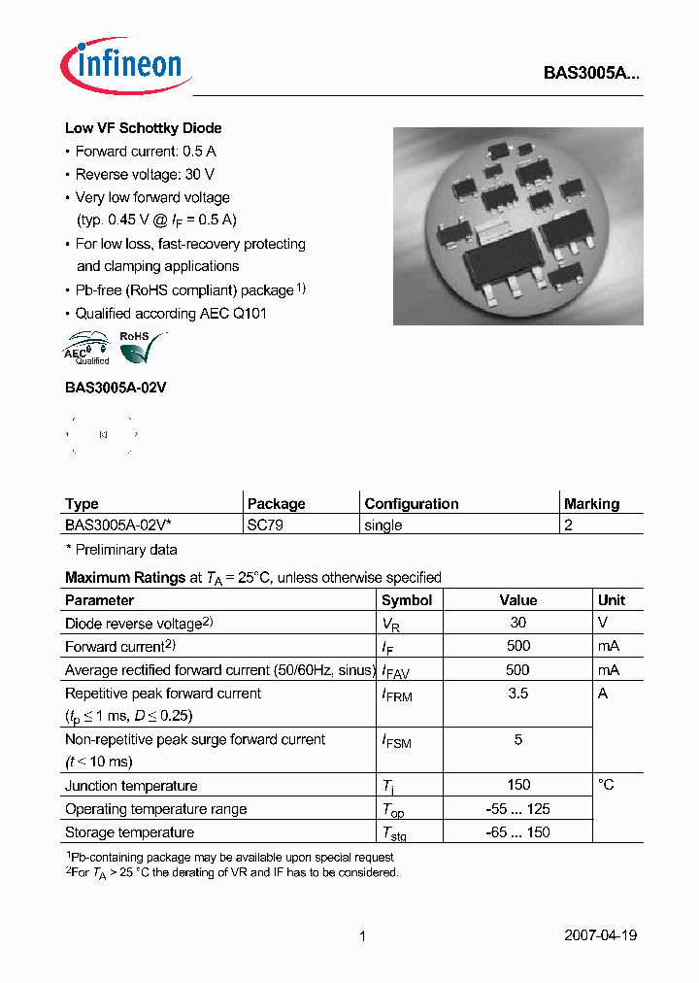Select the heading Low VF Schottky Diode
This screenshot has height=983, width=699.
pyautogui.click(x=143, y=128)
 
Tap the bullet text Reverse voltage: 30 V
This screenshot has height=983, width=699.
pyautogui.click(x=145, y=174)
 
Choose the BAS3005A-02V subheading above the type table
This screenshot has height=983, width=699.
pyautogui.click(x=116, y=387)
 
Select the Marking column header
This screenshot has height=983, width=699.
pyautogui.click(x=591, y=504)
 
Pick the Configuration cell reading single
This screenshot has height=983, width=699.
pyautogui.click(x=383, y=525)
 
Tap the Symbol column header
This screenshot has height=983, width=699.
pyautogui.click(x=407, y=600)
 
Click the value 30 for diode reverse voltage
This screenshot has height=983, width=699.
pyautogui.click(x=517, y=623)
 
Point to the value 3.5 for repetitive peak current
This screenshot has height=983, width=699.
pyautogui.click(x=517, y=694)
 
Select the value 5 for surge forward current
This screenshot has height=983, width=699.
pyautogui.click(x=517, y=739)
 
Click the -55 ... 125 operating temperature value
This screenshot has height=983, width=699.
pyautogui.click(x=517, y=809)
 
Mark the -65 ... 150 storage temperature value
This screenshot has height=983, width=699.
pyautogui.click(x=517, y=832)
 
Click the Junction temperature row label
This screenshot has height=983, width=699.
pyautogui.click(x=131, y=786)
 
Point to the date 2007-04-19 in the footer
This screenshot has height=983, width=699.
pyautogui.click(x=600, y=935)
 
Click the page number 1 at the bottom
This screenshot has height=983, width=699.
pyautogui.click(x=362, y=936)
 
